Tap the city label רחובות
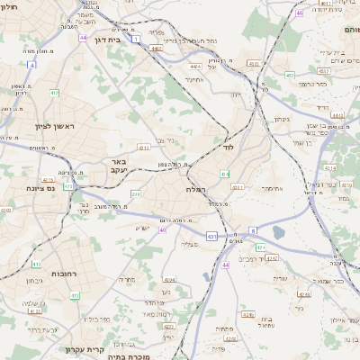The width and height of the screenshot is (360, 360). pos(64,273)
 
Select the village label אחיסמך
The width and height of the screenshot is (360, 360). pos(273,189)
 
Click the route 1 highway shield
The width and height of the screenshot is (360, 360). pos(135,40)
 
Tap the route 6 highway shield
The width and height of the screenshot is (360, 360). pos(253,229)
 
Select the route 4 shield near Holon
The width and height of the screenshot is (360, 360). pos(31,65)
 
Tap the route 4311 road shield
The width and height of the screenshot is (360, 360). pos(142,146)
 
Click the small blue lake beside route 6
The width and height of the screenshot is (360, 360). pos(277,233)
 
